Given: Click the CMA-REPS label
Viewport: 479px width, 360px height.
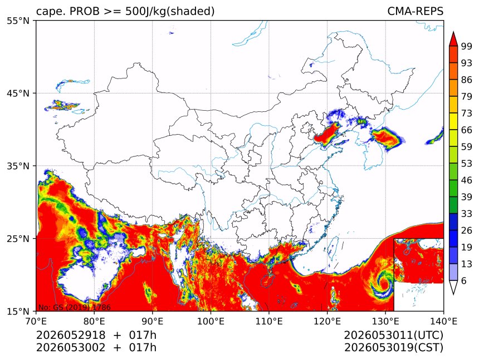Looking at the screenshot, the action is [x=415, y=11].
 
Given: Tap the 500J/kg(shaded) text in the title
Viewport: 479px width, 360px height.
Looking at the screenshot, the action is [x=170, y=12].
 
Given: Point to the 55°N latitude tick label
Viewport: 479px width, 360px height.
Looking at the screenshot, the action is [x=18, y=21].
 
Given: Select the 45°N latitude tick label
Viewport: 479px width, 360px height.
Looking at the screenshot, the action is [x=18, y=93].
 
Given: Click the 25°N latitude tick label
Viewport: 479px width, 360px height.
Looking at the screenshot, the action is [x=18, y=239].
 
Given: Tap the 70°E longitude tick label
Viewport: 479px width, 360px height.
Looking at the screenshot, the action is [x=36, y=321].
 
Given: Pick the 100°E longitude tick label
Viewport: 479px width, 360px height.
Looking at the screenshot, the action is [x=211, y=321].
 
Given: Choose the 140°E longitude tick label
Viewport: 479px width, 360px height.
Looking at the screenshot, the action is [x=443, y=321].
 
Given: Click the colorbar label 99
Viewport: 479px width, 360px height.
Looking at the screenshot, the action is [x=467, y=46].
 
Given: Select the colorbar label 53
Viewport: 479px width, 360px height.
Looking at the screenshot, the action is [x=467, y=164].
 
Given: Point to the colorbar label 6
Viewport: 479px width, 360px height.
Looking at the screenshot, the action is [x=464, y=280].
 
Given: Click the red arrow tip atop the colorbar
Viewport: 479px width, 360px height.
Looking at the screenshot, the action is [x=453, y=32].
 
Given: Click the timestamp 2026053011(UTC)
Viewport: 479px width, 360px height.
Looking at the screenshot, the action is [x=393, y=336].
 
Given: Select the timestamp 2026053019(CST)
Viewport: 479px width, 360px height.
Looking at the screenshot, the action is [x=393, y=348].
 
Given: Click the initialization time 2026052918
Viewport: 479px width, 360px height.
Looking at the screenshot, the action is [x=71, y=335].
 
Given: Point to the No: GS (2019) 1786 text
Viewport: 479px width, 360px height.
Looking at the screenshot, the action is [x=75, y=307].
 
